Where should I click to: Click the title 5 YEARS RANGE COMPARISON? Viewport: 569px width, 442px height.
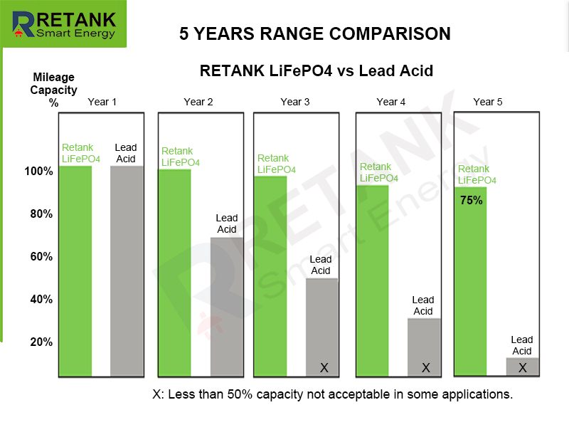[x=314, y=33]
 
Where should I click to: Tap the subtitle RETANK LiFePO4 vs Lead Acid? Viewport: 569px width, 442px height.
[x=317, y=71]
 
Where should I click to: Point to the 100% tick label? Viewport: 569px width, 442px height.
[x=38, y=172]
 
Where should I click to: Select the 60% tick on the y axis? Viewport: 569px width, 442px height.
[x=41, y=256]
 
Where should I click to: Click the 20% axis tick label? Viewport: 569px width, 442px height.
[x=41, y=342]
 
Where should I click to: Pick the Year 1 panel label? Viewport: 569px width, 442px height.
[x=102, y=102]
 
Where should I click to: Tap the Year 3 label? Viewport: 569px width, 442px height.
[x=295, y=102]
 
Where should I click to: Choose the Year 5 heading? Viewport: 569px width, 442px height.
[x=488, y=102]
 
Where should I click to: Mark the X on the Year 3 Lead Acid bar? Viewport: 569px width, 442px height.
[x=324, y=368]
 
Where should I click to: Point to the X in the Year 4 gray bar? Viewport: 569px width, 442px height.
[x=426, y=368]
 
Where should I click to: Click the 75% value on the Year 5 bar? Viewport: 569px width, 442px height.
[x=471, y=201]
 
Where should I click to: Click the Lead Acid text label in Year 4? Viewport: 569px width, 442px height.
[x=423, y=305]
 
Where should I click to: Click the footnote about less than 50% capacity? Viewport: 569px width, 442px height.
[x=333, y=394]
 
